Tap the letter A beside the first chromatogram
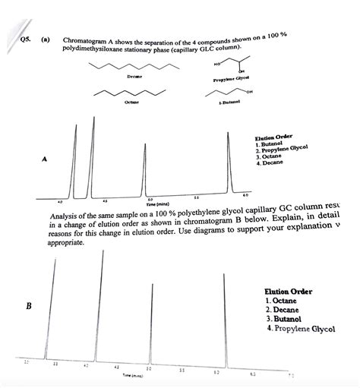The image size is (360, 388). point(45,159)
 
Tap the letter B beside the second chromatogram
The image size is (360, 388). point(28,307)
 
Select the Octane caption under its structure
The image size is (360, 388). point(131,111)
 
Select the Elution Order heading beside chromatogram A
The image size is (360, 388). point(275,137)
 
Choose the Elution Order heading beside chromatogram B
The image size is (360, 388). point(288,292)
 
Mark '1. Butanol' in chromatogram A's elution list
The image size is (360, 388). point(270,144)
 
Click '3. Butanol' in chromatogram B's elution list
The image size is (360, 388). point(283,320)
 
